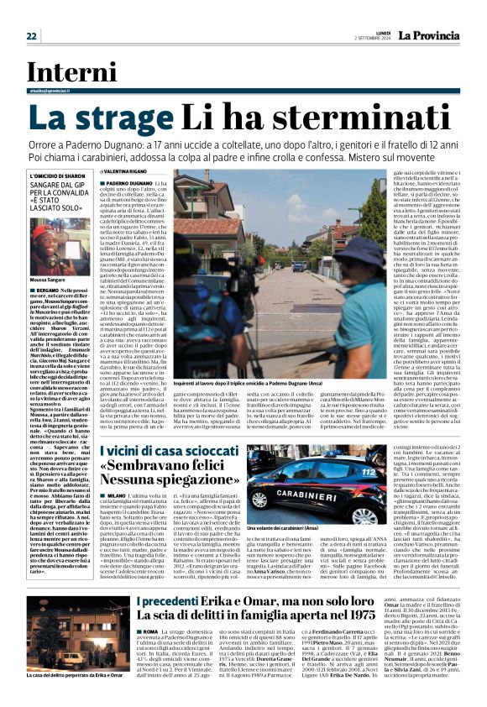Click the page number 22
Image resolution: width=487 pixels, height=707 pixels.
pos(31,36)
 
